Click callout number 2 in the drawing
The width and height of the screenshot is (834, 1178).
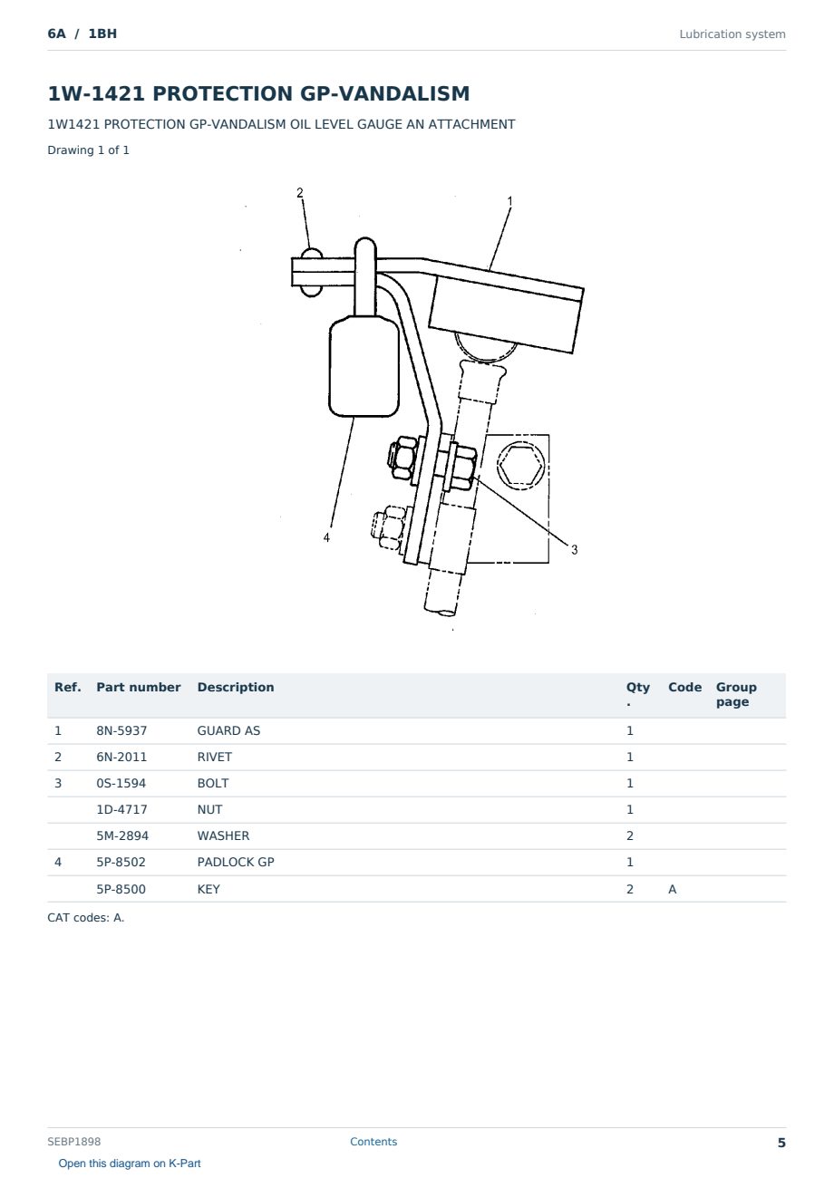point(300,192)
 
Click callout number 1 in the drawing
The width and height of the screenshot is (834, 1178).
point(509,201)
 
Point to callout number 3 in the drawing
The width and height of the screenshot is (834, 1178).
point(574,549)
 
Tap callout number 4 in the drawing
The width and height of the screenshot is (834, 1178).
point(326,537)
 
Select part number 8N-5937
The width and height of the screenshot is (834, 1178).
point(121,730)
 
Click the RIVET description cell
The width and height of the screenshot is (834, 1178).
point(214,757)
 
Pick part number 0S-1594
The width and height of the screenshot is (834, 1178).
point(121,783)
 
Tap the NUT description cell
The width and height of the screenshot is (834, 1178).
point(209,809)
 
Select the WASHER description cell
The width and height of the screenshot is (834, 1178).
point(223,835)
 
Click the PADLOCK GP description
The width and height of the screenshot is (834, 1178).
point(236,862)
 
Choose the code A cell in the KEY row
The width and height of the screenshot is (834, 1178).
point(672,889)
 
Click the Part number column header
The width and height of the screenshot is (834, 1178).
point(139,687)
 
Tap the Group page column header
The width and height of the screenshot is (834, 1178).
point(736,694)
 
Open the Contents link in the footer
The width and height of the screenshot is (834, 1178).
point(373,1141)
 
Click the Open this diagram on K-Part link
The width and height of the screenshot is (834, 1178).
point(130,1164)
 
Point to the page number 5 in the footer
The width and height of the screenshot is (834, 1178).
point(781,1143)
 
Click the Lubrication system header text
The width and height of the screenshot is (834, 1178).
point(732,34)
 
